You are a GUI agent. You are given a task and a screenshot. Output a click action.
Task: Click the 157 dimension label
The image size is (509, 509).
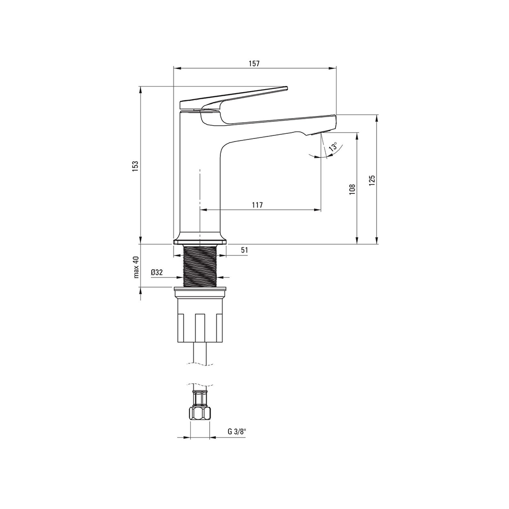click(254, 64)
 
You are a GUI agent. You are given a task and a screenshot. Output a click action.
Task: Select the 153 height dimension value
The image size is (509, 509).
click(136, 165)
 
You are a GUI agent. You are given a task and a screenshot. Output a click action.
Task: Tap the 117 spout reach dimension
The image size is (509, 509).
click(257, 205)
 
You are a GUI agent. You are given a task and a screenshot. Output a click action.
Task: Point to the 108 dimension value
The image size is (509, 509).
click(353, 189)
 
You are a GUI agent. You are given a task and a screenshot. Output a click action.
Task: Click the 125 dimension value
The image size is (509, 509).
click(372, 181)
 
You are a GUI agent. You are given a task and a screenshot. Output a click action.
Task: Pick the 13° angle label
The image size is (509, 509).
click(333, 147)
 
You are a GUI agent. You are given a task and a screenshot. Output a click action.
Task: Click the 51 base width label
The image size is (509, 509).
click(244, 250)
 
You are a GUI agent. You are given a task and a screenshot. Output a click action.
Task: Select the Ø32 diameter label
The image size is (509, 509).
click(157, 272)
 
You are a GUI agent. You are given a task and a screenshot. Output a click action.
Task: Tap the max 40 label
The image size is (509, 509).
click(136, 267)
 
